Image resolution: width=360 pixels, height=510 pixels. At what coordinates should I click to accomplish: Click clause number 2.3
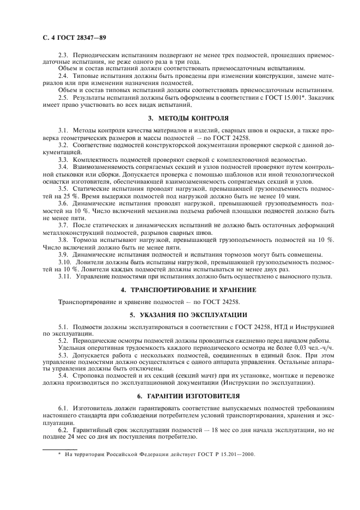pyautogui.click(x=63, y=56)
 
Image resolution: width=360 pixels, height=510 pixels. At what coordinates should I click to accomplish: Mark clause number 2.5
pyautogui.click(x=63, y=96)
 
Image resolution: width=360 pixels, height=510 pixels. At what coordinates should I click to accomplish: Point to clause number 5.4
pyautogui.click(x=63, y=375)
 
